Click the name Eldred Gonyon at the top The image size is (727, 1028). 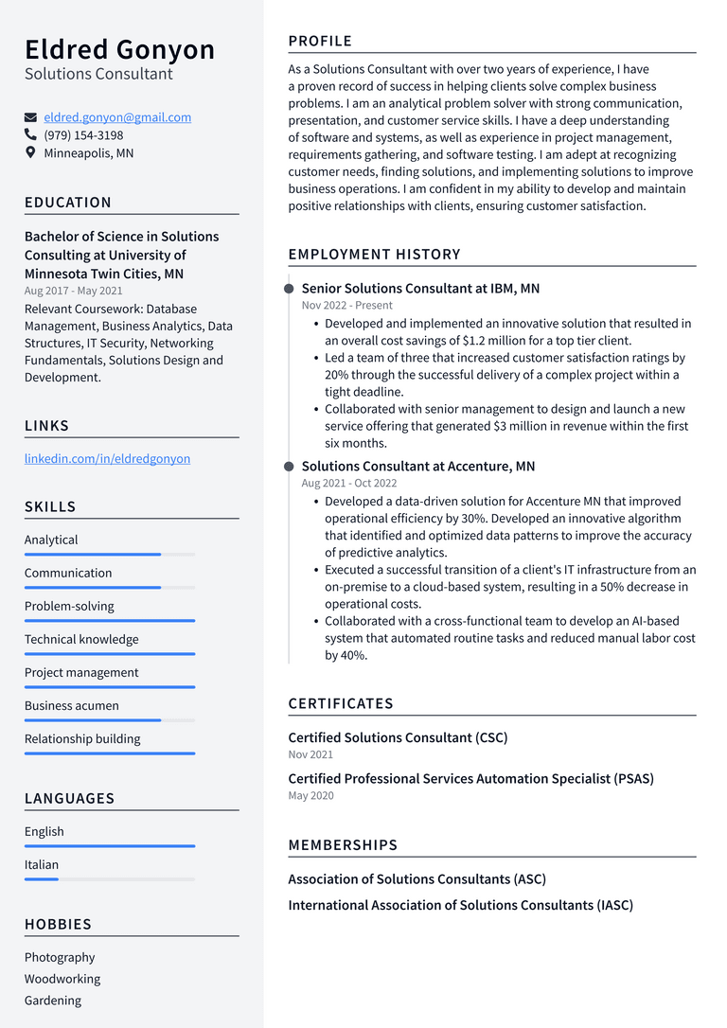point(119,49)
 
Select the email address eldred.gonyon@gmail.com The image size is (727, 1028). point(117,117)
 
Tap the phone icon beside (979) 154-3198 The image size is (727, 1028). point(30,135)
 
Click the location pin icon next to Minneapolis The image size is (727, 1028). point(30,152)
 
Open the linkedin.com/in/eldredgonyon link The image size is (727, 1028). point(107,458)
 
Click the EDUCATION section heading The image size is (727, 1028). point(68,203)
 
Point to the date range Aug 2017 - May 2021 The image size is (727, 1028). point(73,291)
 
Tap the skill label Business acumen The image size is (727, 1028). point(72,705)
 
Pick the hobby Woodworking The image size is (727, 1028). point(62,979)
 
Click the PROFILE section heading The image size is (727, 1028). point(320,41)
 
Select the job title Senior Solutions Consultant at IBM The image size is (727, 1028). point(420,288)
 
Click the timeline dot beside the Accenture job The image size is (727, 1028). point(289,466)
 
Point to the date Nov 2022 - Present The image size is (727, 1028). point(346,305)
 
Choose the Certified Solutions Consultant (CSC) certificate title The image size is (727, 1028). point(398,737)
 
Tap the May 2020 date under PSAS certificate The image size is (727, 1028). point(310,795)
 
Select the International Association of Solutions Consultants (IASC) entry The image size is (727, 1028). point(460,905)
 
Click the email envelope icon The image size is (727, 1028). point(30,117)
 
